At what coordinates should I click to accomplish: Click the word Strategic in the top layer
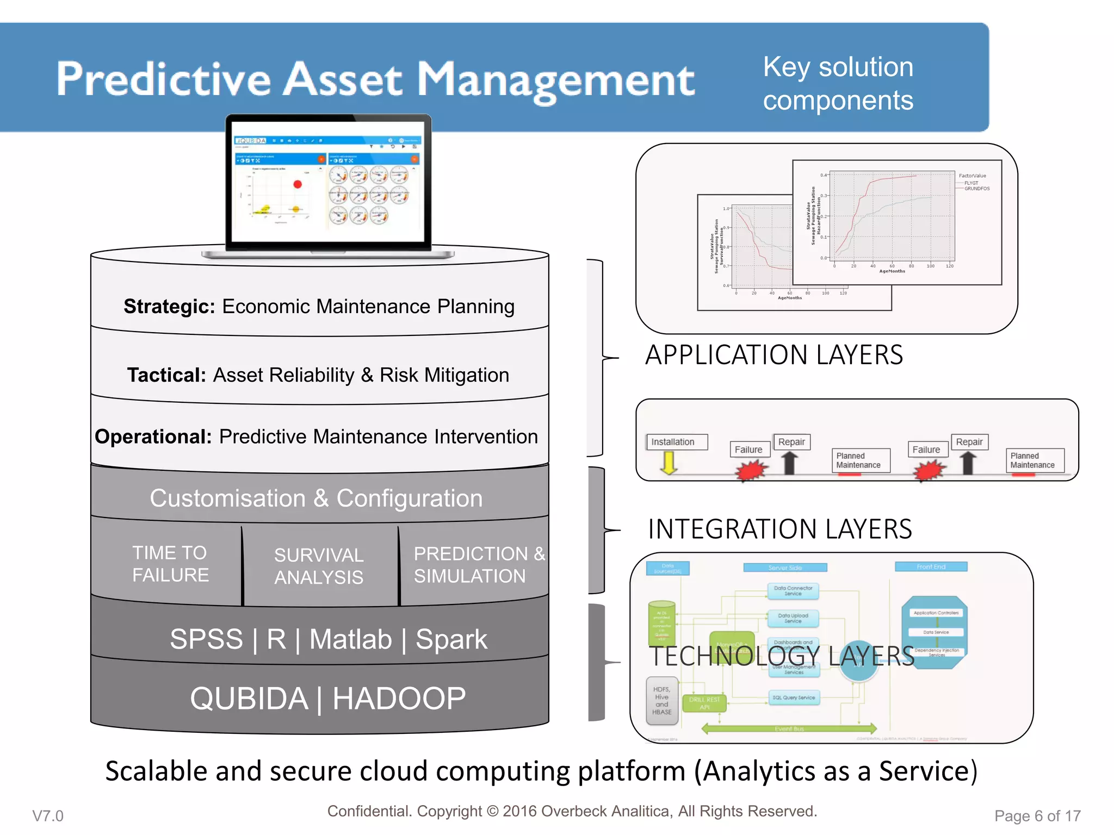tap(169, 307)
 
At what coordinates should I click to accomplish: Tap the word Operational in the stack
tap(153, 437)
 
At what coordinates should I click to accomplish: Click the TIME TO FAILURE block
tap(170, 564)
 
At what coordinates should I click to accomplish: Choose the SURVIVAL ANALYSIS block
tap(319, 566)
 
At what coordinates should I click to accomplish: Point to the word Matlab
tap(350, 639)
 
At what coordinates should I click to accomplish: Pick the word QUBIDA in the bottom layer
tap(249, 699)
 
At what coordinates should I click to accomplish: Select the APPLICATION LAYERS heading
tap(773, 355)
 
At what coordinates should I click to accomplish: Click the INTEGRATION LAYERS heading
tap(779, 529)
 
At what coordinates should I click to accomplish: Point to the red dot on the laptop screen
tap(298, 184)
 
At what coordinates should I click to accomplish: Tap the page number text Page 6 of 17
tap(1037, 815)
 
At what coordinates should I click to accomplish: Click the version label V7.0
tap(48, 815)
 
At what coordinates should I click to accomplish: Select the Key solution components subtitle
tap(838, 84)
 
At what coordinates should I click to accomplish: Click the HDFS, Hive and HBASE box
tap(661, 701)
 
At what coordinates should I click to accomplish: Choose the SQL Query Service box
tap(794, 697)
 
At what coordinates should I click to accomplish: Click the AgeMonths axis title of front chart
tap(892, 271)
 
